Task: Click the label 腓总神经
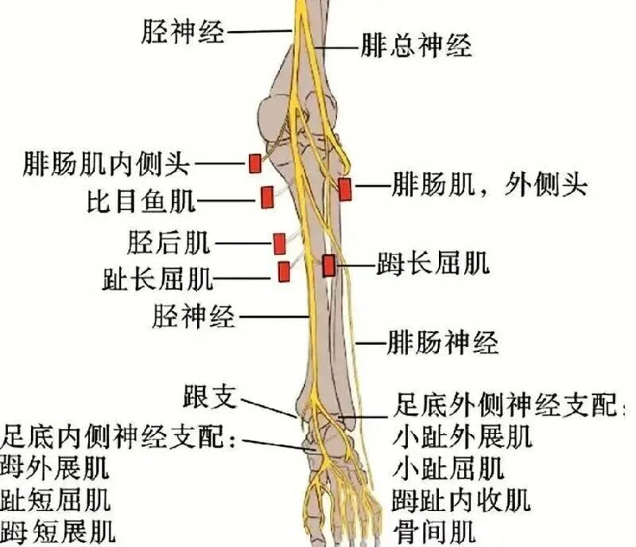click(x=417, y=46)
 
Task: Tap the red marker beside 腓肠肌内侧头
click(x=254, y=163)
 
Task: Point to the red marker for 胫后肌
click(x=279, y=243)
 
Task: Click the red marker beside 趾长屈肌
click(x=284, y=272)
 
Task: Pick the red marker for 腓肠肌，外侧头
click(x=344, y=189)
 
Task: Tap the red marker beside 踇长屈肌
click(x=328, y=265)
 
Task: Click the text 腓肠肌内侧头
click(x=107, y=164)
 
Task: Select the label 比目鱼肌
click(x=141, y=200)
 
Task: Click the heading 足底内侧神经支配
click(x=119, y=437)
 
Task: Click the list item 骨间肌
click(x=433, y=529)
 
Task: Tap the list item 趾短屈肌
click(x=56, y=500)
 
